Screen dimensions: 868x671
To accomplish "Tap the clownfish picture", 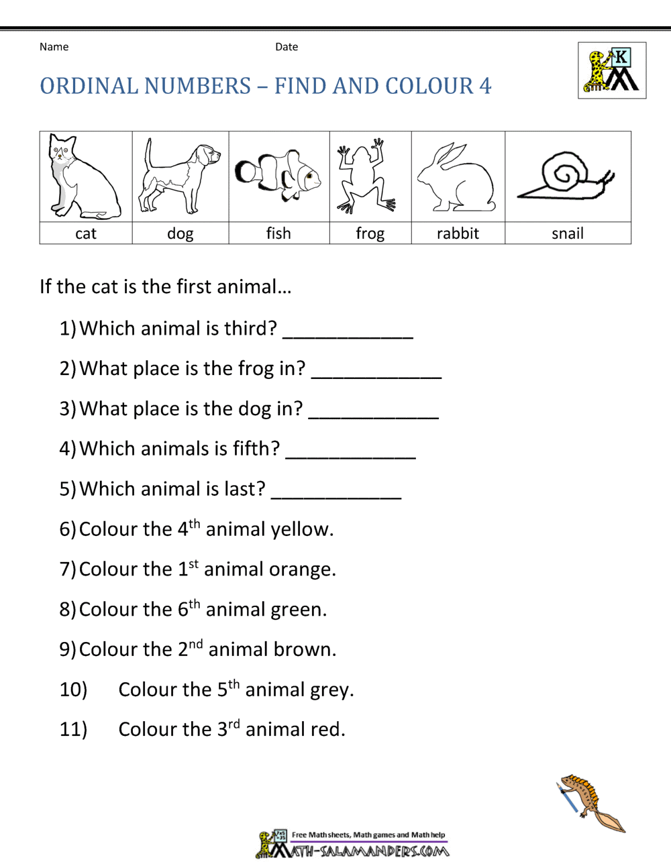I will coord(278,175).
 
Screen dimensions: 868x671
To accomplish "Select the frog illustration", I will coord(366,176).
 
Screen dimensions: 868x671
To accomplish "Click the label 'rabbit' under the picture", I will coord(458,233).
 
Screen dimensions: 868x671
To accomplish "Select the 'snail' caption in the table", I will coord(568,233).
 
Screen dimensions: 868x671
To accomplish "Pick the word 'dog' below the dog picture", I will coord(180,233).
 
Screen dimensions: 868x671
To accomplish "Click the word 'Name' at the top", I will coord(54,47).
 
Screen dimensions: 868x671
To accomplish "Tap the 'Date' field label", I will coord(287,47).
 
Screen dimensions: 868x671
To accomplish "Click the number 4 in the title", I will coord(485,86).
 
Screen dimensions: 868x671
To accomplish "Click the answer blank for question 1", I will coord(348,331).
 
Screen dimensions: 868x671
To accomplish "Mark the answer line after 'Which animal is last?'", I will coord(335,492).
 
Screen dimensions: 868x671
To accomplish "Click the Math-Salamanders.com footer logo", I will coord(352,845).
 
